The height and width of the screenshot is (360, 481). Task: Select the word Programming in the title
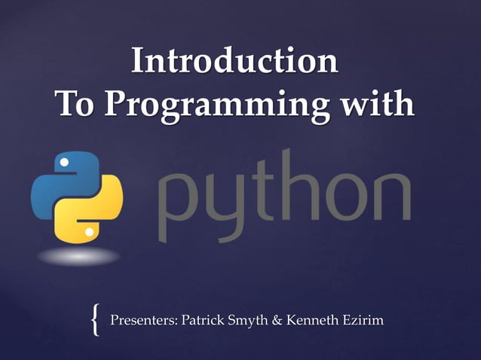[219, 105]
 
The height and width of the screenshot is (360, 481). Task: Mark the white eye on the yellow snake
[90, 232]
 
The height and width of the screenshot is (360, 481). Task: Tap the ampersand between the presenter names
[277, 320]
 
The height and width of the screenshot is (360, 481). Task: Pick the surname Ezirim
[361, 320]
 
